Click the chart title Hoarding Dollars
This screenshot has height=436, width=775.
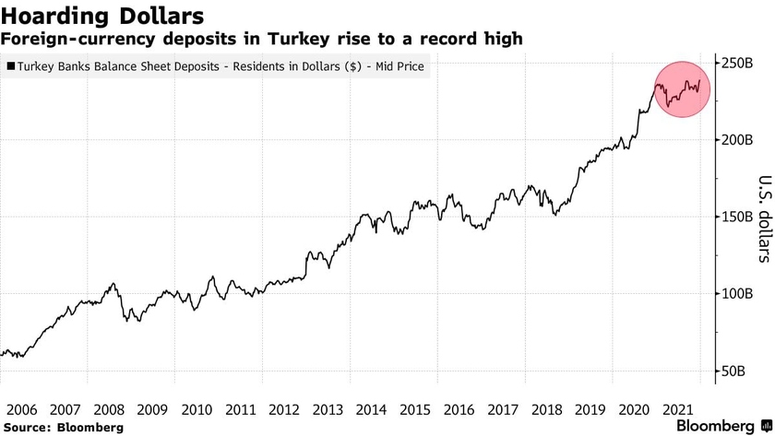(102, 17)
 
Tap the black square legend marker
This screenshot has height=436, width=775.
(10, 67)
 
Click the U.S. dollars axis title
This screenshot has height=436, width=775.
(750, 218)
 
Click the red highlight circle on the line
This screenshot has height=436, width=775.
(683, 89)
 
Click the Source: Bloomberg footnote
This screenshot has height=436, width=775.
(62, 428)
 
